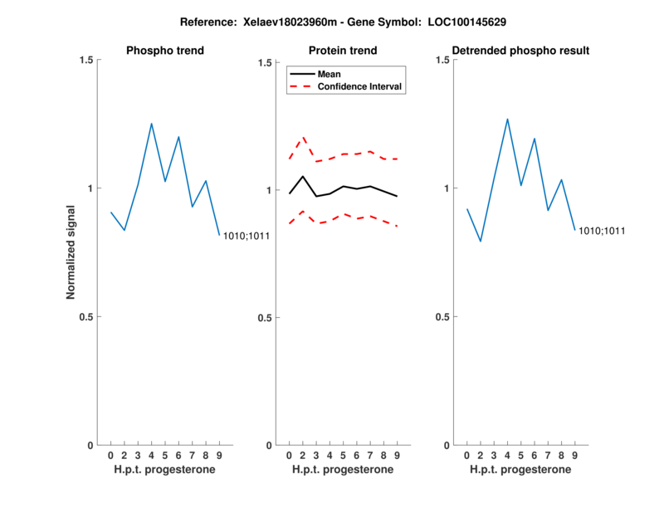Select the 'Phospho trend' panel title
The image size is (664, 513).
(165, 51)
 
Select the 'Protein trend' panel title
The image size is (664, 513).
(343, 51)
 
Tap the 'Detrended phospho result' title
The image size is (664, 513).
(520, 51)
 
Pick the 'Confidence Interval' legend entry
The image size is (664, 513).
(360, 86)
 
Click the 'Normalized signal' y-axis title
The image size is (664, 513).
(71, 252)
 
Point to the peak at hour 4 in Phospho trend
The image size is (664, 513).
(152, 124)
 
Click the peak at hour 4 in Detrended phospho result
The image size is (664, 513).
(507, 119)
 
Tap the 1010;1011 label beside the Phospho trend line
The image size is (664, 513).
(247, 237)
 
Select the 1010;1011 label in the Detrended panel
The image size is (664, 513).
(602, 231)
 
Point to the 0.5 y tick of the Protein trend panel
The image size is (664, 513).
(265, 318)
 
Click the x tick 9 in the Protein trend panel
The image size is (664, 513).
(398, 456)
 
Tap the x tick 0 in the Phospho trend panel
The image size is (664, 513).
(111, 456)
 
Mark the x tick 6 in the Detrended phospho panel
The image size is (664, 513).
(534, 456)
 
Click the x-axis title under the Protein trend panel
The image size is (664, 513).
(343, 470)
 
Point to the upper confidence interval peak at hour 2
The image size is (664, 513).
(303, 137)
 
